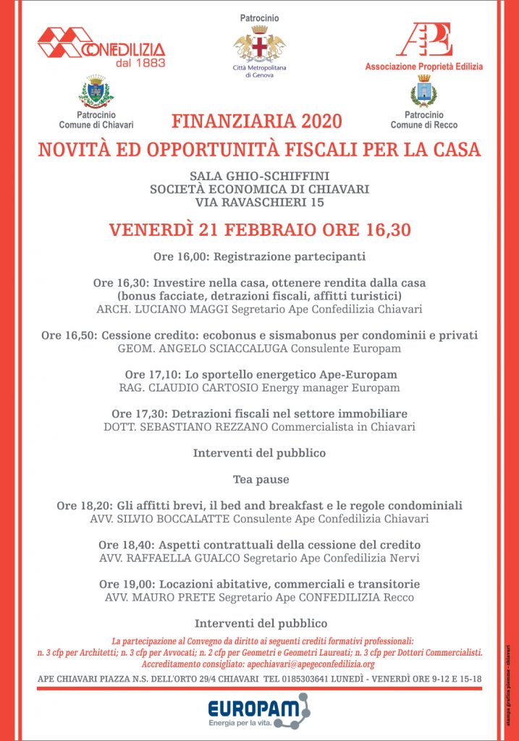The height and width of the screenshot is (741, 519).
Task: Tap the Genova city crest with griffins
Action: click(x=259, y=44)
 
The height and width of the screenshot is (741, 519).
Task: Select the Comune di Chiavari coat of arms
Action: click(x=96, y=91)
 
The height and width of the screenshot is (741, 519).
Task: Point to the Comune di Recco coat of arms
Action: click(x=423, y=91)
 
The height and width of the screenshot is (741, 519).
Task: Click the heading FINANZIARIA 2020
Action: click(x=256, y=121)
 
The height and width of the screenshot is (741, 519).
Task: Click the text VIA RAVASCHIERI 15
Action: click(x=259, y=203)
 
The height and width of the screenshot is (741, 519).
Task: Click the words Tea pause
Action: click(x=260, y=479)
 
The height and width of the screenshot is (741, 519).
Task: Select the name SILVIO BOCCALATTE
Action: click(x=174, y=518)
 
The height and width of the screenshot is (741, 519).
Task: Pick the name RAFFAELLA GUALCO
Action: click(x=182, y=558)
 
